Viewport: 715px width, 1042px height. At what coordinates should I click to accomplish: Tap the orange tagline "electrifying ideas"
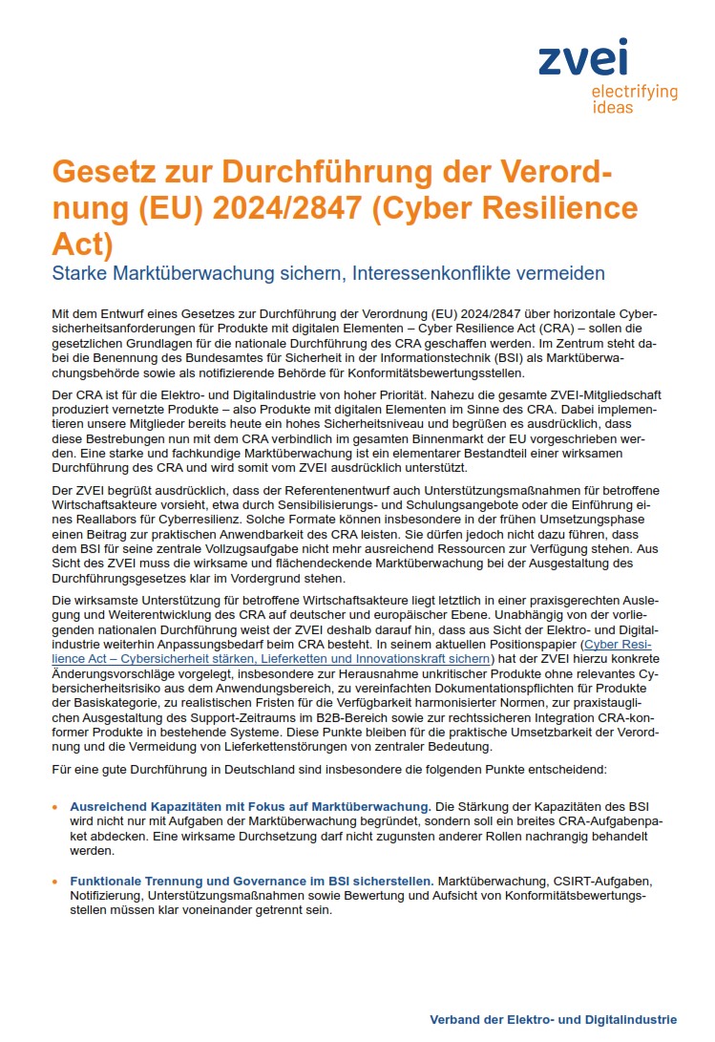tap(634, 99)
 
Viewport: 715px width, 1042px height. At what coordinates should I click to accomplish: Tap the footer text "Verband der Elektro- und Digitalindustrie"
tap(553, 1019)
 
